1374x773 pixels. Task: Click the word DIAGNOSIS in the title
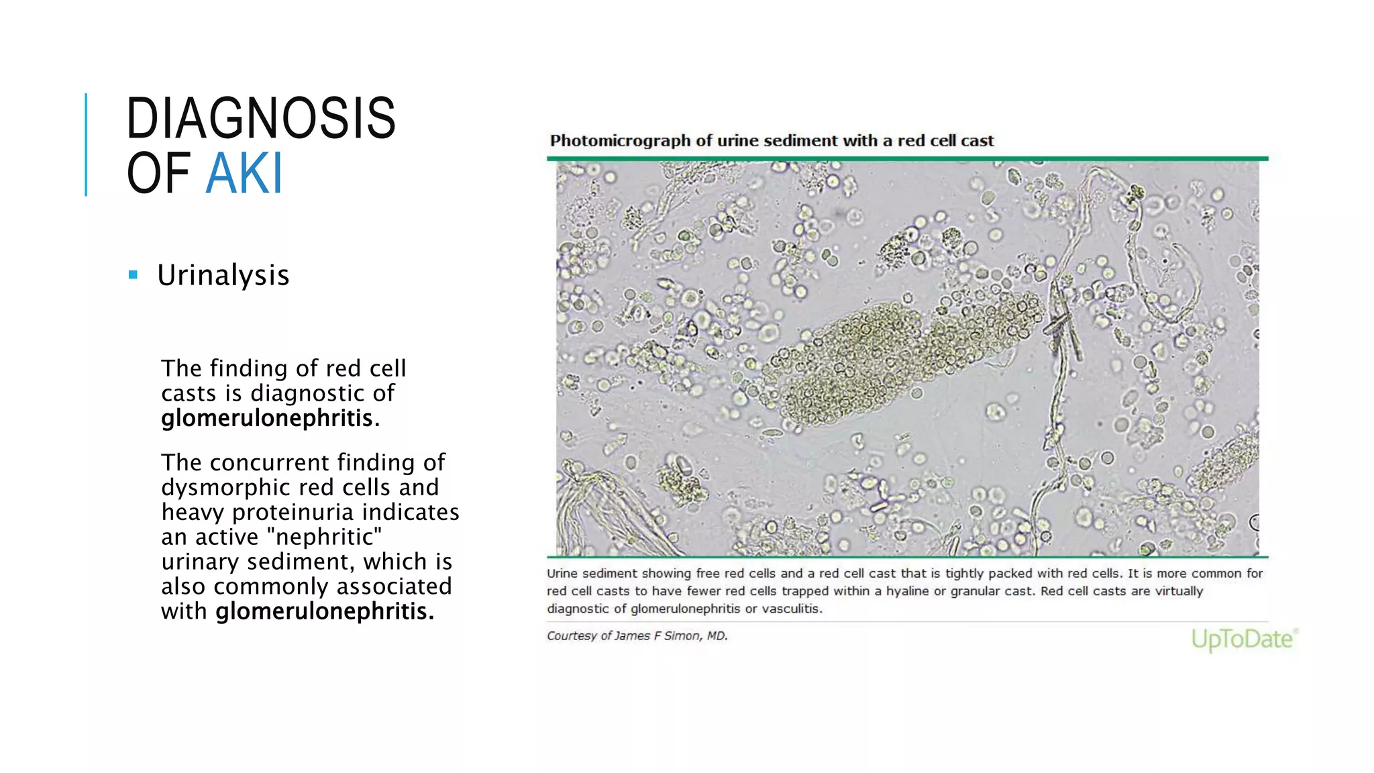coord(261,119)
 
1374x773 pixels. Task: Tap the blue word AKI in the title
coord(244,174)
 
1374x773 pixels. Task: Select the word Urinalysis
coord(223,275)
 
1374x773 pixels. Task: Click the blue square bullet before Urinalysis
coord(133,274)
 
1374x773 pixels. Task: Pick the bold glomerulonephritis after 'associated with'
coord(325,611)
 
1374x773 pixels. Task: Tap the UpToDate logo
coord(1243,639)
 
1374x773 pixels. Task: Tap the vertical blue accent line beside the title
coord(86,144)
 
